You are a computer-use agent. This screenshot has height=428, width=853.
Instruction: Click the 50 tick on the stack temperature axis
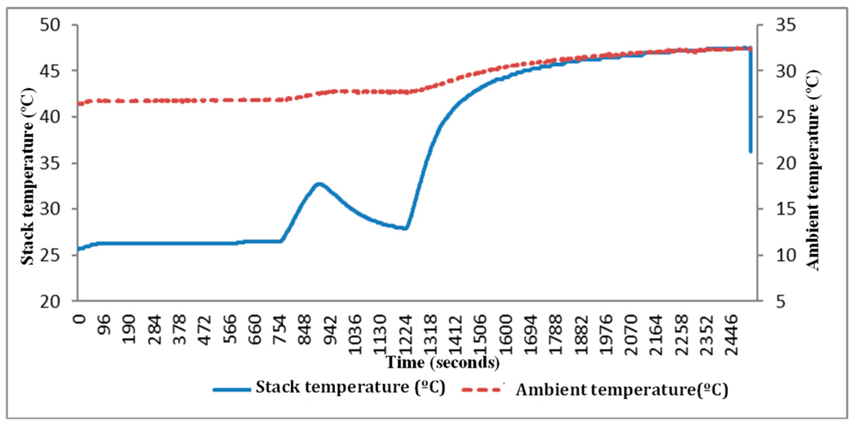click(74, 25)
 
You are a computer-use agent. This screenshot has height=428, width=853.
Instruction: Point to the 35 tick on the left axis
click(74, 163)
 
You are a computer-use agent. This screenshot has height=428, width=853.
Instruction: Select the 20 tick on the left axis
click(74, 301)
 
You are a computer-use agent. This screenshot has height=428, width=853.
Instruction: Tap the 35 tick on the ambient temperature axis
click(760, 25)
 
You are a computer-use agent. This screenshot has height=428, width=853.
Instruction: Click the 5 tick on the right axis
click(760, 301)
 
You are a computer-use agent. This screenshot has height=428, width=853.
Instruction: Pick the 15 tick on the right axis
click(760, 209)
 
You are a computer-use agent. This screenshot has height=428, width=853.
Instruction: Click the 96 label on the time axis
click(104, 324)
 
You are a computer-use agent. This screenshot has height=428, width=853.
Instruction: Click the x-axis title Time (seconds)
click(443, 362)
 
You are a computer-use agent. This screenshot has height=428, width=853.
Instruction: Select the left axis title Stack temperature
click(27, 176)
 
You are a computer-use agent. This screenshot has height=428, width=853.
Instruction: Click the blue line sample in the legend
click(232, 390)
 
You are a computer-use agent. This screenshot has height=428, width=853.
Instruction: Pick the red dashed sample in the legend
click(481, 390)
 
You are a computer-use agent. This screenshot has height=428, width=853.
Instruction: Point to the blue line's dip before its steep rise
click(405, 228)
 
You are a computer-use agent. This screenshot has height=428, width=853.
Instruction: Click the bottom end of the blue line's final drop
click(750, 151)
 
